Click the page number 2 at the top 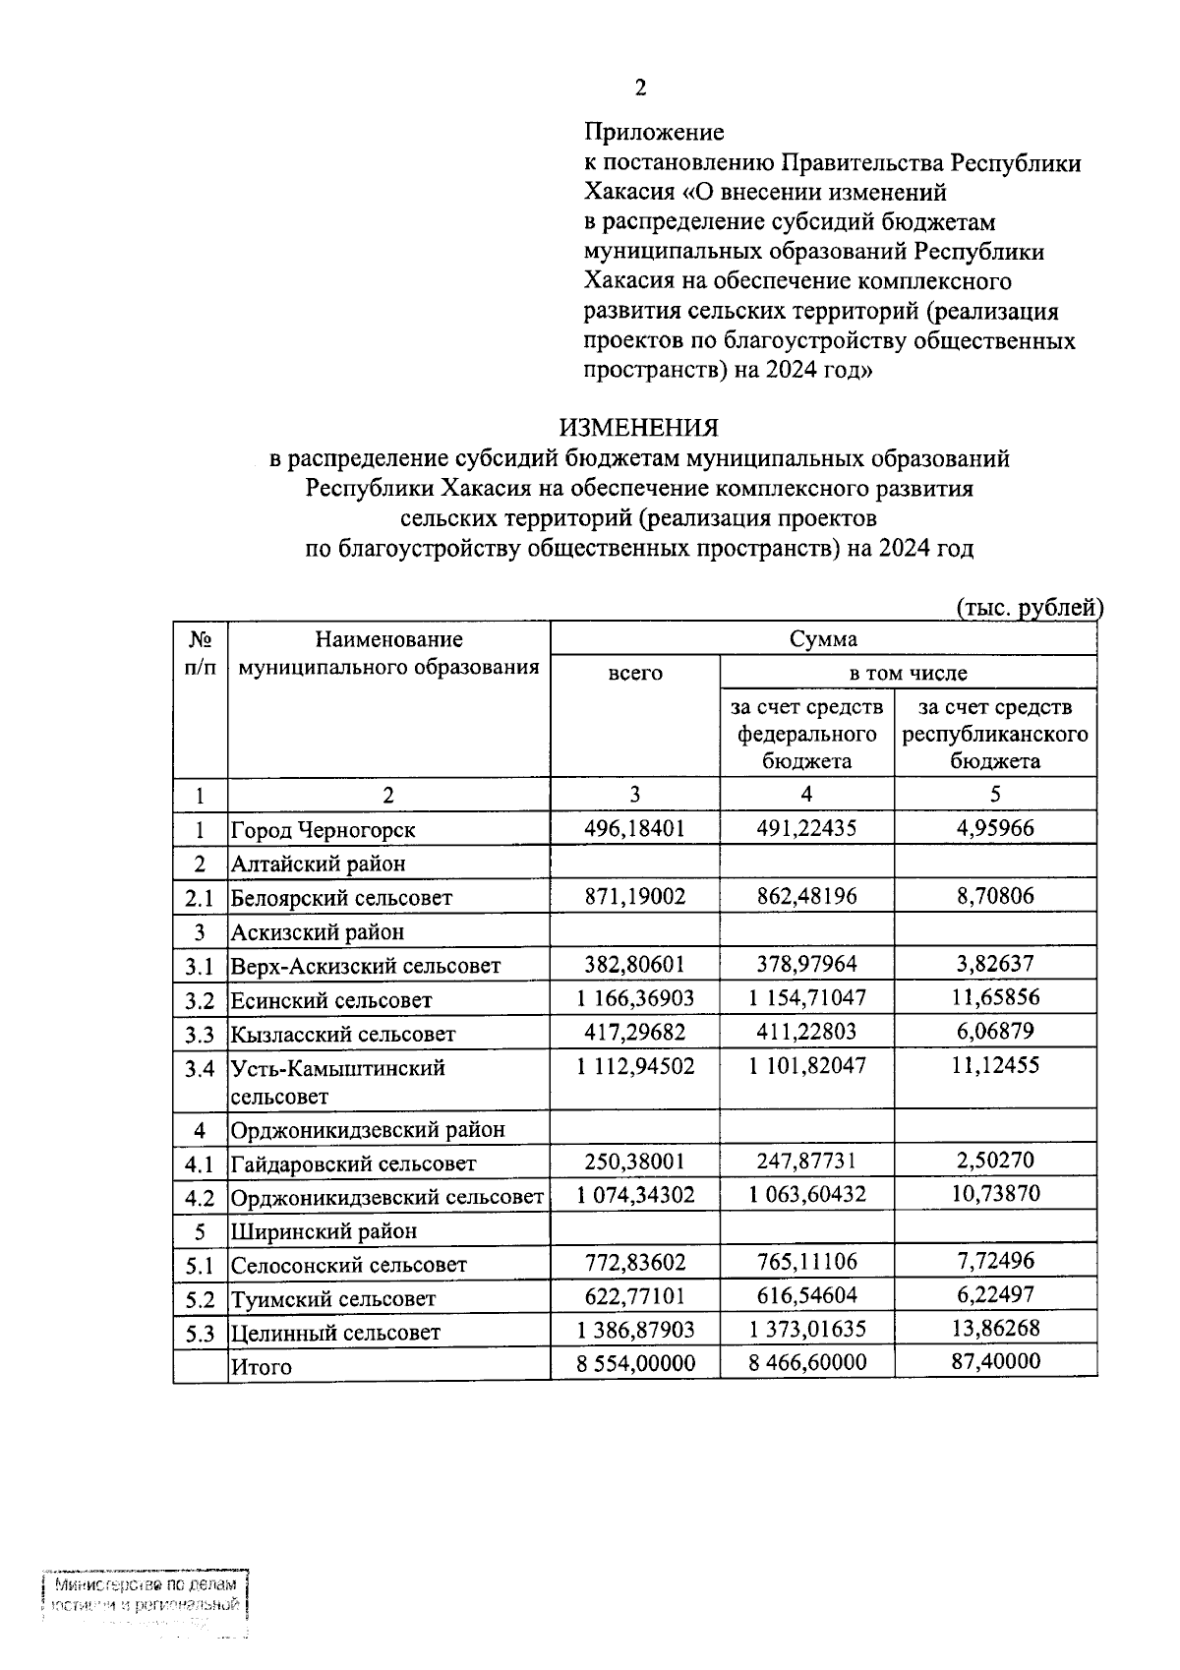(640, 89)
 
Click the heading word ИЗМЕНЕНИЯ (639, 428)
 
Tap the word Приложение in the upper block (654, 132)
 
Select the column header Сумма (823, 639)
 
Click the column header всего (635, 674)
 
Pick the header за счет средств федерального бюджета (806, 734)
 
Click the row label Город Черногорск (323, 830)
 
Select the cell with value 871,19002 (635, 896)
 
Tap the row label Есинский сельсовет (330, 1001)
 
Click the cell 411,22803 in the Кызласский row (806, 1032)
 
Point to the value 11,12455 (995, 1065)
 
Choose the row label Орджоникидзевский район (367, 1130)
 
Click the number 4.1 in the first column (200, 1164)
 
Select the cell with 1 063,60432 (806, 1195)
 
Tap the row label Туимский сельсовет (332, 1299)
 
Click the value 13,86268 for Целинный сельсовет (995, 1330)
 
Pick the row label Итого (261, 1366)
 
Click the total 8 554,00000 (635, 1363)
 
